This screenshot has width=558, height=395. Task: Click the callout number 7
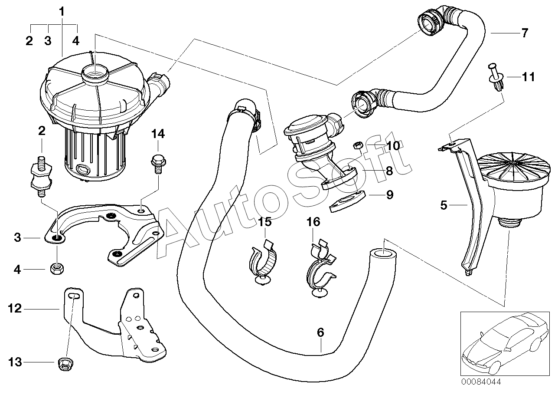525,33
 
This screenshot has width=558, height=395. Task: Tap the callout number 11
528,78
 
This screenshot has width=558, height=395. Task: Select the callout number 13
15,362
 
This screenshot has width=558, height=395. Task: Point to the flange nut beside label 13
65,365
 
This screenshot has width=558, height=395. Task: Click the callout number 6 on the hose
320,333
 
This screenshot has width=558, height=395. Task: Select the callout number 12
15,309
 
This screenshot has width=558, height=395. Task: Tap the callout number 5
443,205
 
